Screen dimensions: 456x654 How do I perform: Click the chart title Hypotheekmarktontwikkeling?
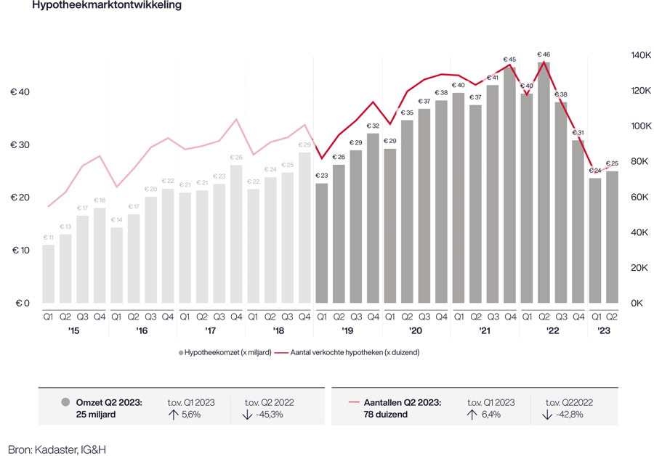coord(106,5)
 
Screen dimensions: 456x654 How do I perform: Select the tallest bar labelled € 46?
coord(544,182)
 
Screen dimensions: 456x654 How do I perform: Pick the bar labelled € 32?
coord(373,218)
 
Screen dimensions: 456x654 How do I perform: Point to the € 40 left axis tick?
coord(20,92)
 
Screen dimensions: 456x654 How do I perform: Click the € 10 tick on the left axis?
coord(20,251)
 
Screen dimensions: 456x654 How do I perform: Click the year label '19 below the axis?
coord(347,331)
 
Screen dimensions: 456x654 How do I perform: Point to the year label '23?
coord(603,331)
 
